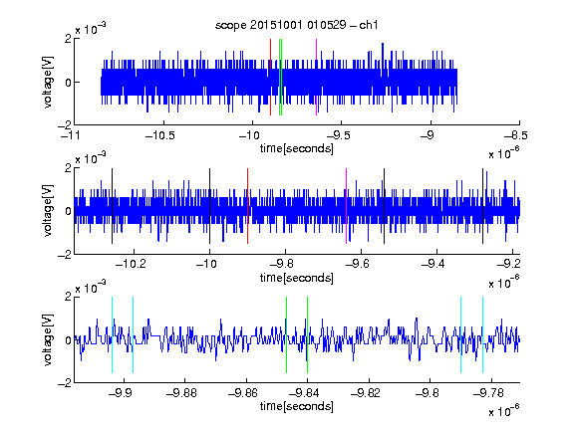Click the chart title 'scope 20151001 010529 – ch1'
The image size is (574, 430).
[297, 25]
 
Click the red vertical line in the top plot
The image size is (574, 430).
[270, 78]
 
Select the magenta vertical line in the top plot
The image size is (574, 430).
[316, 78]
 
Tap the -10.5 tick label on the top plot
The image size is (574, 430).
[160, 136]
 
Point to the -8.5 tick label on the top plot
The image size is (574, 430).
[516, 136]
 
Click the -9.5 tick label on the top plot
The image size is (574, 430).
[338, 136]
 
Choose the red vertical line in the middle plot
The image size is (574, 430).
[248, 206]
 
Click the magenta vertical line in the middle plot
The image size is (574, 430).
[347, 206]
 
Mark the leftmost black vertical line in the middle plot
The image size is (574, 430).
[112, 206]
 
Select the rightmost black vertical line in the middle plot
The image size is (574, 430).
[483, 206]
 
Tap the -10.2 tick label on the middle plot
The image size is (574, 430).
[131, 264]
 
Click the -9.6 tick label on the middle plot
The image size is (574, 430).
[357, 264]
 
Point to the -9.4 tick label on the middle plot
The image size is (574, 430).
[432, 264]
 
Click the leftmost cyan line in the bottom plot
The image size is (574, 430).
[112, 334]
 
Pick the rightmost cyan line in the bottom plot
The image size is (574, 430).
[483, 334]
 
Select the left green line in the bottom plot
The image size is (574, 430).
[287, 334]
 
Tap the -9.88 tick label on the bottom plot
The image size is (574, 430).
[181, 393]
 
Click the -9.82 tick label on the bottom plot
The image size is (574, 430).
[366, 393]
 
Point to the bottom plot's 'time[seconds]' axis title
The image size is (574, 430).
[297, 406]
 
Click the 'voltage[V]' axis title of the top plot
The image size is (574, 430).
[48, 82]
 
